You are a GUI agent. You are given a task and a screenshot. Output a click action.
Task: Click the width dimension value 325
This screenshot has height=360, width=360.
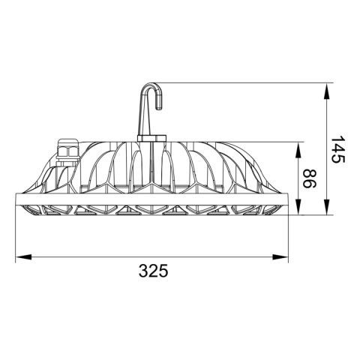pos(153,271)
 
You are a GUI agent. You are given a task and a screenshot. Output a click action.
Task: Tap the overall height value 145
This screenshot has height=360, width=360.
pos(337,150)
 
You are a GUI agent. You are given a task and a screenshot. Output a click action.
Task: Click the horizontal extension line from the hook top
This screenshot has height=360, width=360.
pos(240,82)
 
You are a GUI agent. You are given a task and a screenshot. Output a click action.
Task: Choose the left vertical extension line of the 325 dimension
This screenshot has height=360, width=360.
pos(16,232)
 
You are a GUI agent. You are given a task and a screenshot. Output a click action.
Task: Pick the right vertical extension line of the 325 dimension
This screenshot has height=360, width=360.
pos(290,232)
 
